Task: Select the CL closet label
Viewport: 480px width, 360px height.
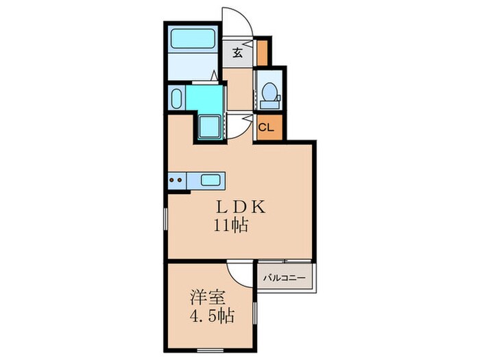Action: [266, 127]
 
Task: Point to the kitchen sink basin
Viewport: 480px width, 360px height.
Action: [210, 181]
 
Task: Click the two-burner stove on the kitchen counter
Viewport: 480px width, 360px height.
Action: [176, 181]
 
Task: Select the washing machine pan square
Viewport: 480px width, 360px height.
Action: [208, 127]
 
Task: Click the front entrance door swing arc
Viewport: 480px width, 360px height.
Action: [239, 21]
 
